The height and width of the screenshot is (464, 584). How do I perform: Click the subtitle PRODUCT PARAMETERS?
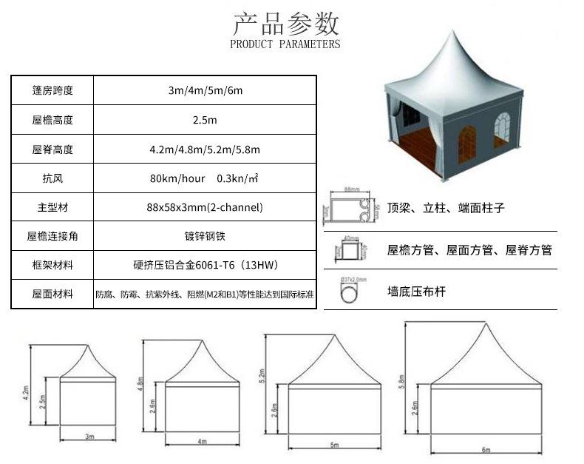[x=285, y=44]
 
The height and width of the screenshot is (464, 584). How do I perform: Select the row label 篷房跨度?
[x=52, y=90]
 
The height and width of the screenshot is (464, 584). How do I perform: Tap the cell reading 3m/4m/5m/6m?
[x=205, y=90]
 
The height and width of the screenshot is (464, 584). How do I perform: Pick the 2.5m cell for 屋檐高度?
[x=205, y=119]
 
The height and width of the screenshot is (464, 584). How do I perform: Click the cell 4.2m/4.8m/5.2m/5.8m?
[x=205, y=149]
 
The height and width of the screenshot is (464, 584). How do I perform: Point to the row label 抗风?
[x=52, y=178]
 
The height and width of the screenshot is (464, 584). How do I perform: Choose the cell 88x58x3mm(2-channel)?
[x=205, y=207]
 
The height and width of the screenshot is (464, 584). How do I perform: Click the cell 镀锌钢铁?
[x=205, y=236]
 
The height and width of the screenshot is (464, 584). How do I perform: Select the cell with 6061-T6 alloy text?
[x=205, y=265]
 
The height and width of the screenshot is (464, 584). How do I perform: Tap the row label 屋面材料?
[x=52, y=294]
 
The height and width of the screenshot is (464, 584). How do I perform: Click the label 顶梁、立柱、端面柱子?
[x=446, y=209]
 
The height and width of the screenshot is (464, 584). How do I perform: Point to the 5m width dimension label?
[x=334, y=445]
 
